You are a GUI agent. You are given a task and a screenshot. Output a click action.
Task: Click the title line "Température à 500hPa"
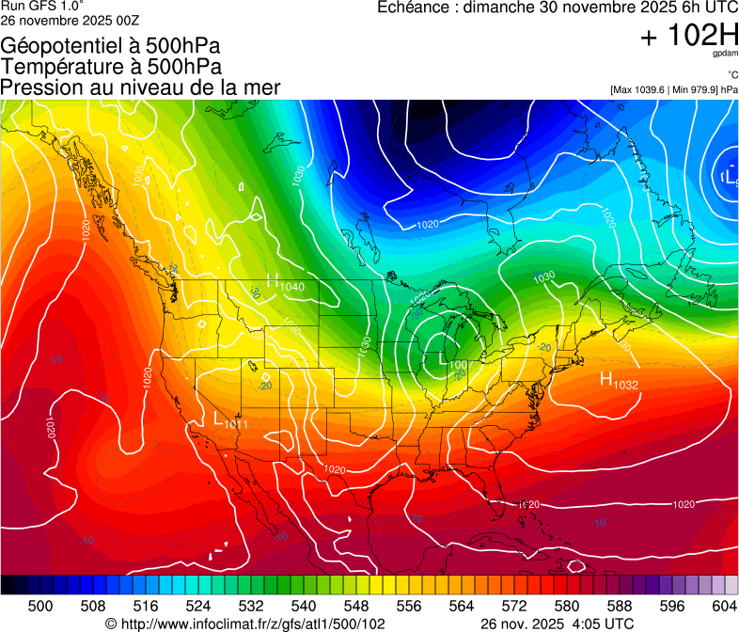[111, 67]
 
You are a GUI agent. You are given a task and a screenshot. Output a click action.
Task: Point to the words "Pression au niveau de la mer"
[140, 87]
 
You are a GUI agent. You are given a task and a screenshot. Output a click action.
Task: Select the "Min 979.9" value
[695, 89]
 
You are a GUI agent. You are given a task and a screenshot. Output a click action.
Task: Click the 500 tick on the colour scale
[40, 607]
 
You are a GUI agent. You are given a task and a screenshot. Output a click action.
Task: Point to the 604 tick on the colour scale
[725, 607]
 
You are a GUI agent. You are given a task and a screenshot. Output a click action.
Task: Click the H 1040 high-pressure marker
[285, 282]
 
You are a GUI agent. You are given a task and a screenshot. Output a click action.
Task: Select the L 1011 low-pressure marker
[230, 422]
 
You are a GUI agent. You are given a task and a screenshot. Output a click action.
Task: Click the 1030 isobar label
[543, 277]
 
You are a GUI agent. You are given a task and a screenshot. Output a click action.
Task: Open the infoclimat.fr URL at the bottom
[254, 624]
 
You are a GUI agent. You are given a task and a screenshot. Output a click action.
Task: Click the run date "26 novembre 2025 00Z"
[70, 19]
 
